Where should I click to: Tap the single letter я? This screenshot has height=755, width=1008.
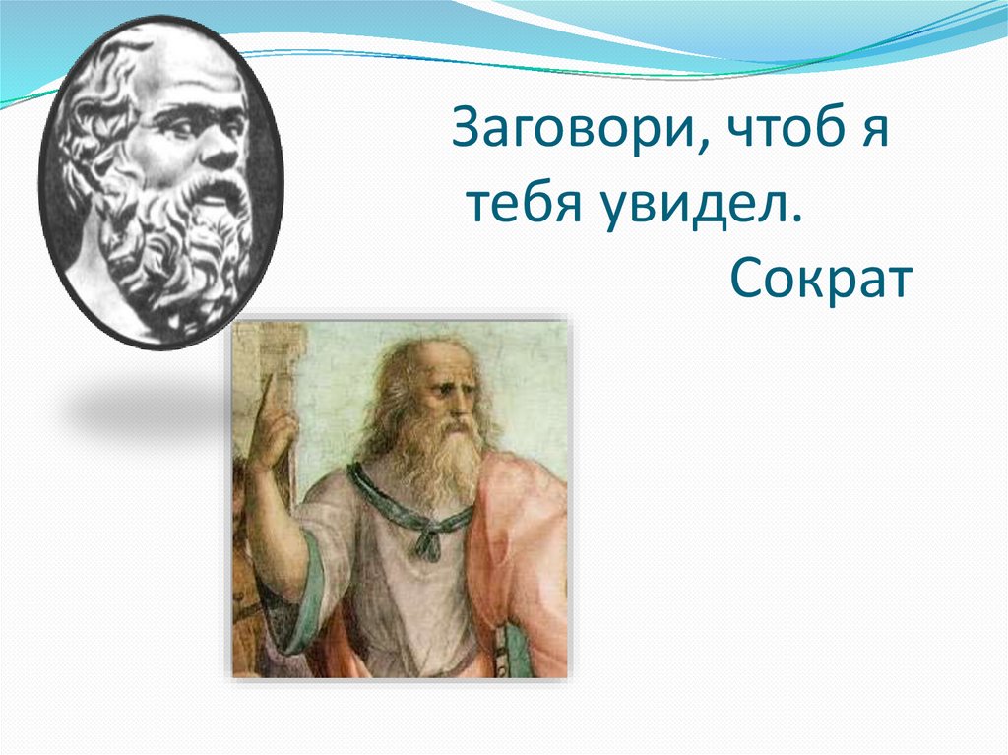pos(874,132)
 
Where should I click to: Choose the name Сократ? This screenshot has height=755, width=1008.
pos(821,281)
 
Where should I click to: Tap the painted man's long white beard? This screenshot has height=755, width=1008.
pos(437,463)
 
